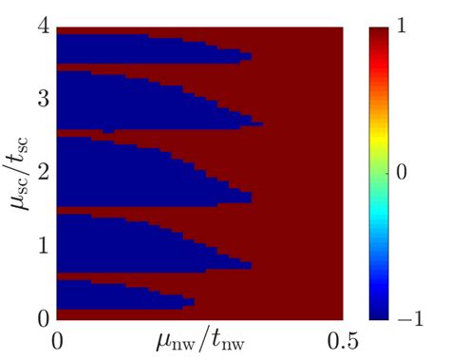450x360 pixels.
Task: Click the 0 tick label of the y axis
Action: [x=43, y=316]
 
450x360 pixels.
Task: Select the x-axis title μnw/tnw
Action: [x=199, y=338]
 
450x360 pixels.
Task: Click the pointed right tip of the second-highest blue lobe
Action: [x=261, y=123]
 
